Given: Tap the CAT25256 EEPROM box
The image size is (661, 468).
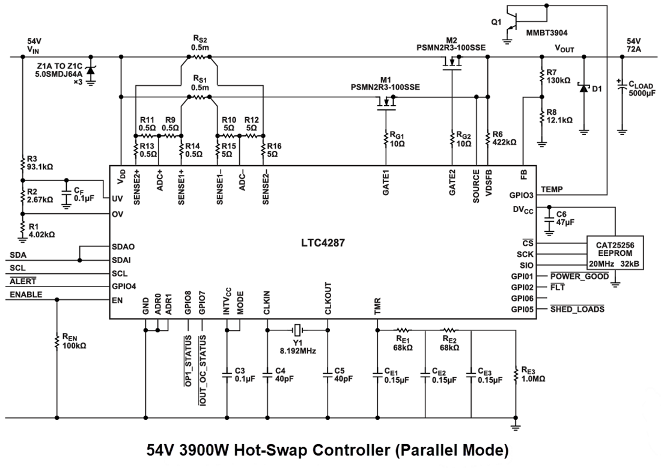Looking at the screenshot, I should coord(614,252).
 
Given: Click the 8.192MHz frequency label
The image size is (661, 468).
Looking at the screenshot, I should coord(298,350).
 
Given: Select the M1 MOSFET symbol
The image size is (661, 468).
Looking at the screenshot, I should coord(385,105).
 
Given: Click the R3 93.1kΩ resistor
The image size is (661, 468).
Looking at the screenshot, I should coord(22,162).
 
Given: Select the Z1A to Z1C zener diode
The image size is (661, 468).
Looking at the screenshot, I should coord(91,70).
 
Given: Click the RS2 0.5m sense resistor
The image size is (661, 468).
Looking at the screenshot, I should coord(198,58).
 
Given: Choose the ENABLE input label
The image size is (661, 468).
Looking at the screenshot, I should coord(26,295).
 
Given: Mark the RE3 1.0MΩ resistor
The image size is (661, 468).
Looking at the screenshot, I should coord(516,375).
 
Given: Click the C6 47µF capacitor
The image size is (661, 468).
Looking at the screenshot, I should coord(548,219).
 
